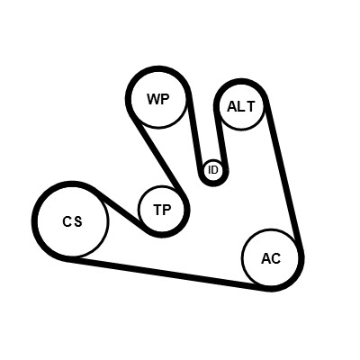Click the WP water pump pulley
[159, 99]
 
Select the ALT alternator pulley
[242, 106]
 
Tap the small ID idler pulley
[213, 170]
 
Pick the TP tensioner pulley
[162, 210]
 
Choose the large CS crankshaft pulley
[72, 221]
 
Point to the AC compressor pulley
[271, 258]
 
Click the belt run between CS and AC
[168, 274]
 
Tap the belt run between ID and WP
[195, 132]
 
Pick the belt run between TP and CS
[120, 207]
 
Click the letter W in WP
[153, 99]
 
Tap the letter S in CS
[77, 221]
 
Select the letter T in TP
[157, 210]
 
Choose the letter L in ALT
[241, 106]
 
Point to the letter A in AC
[266, 258]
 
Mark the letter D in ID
[215, 170]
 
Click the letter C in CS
[67, 221]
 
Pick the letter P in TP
[167, 210]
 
